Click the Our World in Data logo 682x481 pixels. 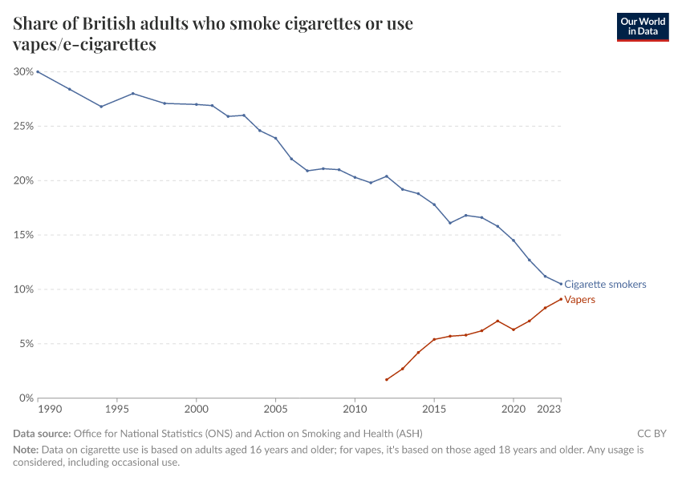(x=642, y=26)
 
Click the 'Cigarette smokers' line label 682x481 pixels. (x=605, y=285)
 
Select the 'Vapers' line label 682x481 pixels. (x=580, y=300)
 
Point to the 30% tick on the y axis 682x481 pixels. (x=23, y=71)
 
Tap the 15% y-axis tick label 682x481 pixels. (x=23, y=235)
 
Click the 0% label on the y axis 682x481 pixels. (x=26, y=398)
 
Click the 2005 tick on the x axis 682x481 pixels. (x=275, y=410)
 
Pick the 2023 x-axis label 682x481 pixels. (x=549, y=410)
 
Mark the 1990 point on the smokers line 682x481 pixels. (x=38, y=71)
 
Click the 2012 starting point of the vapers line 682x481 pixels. (x=387, y=380)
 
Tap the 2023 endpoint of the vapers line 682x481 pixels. (x=561, y=299)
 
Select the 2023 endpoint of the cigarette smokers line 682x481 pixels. (x=561, y=284)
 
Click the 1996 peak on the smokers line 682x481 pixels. (x=133, y=93)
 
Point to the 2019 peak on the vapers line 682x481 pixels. (x=497, y=321)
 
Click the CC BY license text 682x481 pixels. (x=652, y=434)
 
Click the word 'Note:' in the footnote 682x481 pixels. (x=26, y=450)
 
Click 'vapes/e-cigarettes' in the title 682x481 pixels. (x=84, y=45)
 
